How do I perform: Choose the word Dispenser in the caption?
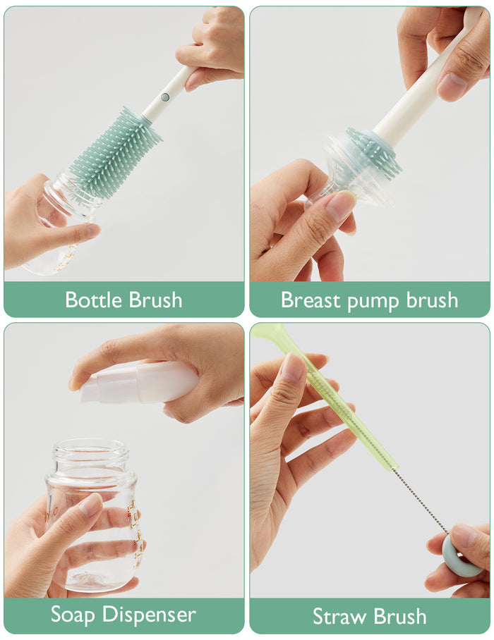click(x=149, y=615)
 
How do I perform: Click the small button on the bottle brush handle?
click(x=165, y=98)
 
